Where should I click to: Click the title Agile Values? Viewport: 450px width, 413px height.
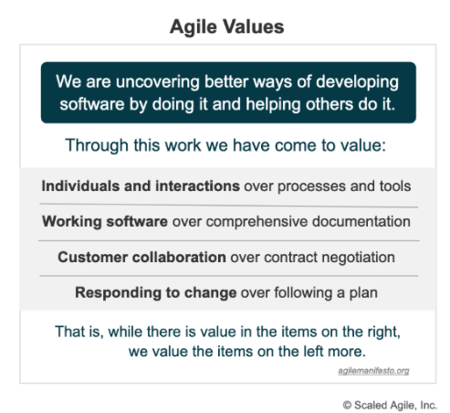[x=226, y=26]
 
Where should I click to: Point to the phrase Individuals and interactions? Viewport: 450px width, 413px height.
[x=140, y=186]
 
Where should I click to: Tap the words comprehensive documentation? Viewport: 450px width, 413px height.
[x=320, y=221]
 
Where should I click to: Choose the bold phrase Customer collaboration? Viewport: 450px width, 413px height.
[x=141, y=257]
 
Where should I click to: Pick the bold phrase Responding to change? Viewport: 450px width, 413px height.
[x=154, y=292]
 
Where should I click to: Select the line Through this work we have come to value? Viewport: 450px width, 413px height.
[x=226, y=144]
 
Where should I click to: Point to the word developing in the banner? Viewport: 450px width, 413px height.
[x=358, y=80]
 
